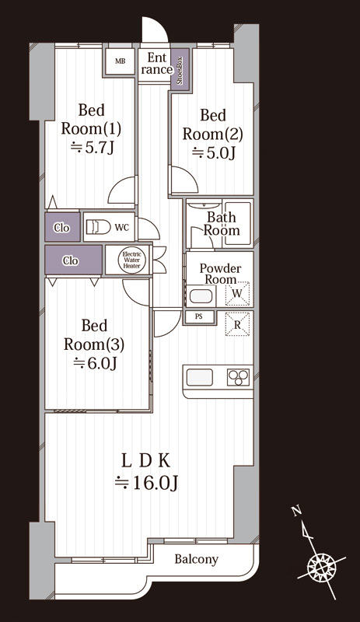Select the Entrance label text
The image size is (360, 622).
(x=157, y=64)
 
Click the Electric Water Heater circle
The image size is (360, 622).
(x=131, y=260)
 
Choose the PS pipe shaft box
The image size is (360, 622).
(x=199, y=316)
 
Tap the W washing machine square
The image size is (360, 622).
(x=237, y=294)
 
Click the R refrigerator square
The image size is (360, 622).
(x=237, y=324)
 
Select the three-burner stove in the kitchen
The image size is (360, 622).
(x=238, y=377)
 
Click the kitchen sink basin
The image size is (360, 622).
(x=200, y=377)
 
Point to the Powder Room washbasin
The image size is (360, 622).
(x=201, y=297)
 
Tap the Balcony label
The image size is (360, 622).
(x=197, y=559)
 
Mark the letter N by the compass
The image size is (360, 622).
(x=295, y=511)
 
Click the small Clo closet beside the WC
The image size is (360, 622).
(x=62, y=227)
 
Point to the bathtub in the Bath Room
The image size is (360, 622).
(x=237, y=223)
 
